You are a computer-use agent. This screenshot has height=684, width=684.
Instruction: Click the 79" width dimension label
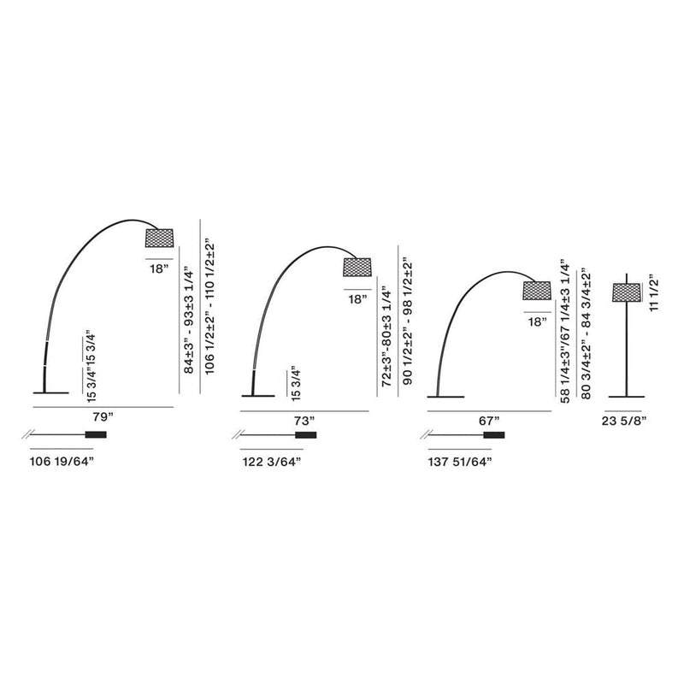coord(103,417)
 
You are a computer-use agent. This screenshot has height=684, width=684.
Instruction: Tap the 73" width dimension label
coord(304,421)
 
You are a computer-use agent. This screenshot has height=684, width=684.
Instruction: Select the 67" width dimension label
coord(488,421)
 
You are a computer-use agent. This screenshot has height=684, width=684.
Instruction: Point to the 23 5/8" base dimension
coord(624,421)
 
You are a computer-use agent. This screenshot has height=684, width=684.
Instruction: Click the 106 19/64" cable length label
coord(62,462)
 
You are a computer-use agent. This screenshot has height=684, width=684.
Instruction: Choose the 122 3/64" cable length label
coord(272,462)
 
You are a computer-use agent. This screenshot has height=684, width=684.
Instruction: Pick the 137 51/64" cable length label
coord(460,462)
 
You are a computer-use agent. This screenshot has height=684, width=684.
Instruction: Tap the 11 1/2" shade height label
coord(653,292)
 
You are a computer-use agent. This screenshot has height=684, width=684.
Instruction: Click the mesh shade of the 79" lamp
coord(159,239)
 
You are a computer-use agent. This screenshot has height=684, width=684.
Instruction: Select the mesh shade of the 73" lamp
coord(357,267)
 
